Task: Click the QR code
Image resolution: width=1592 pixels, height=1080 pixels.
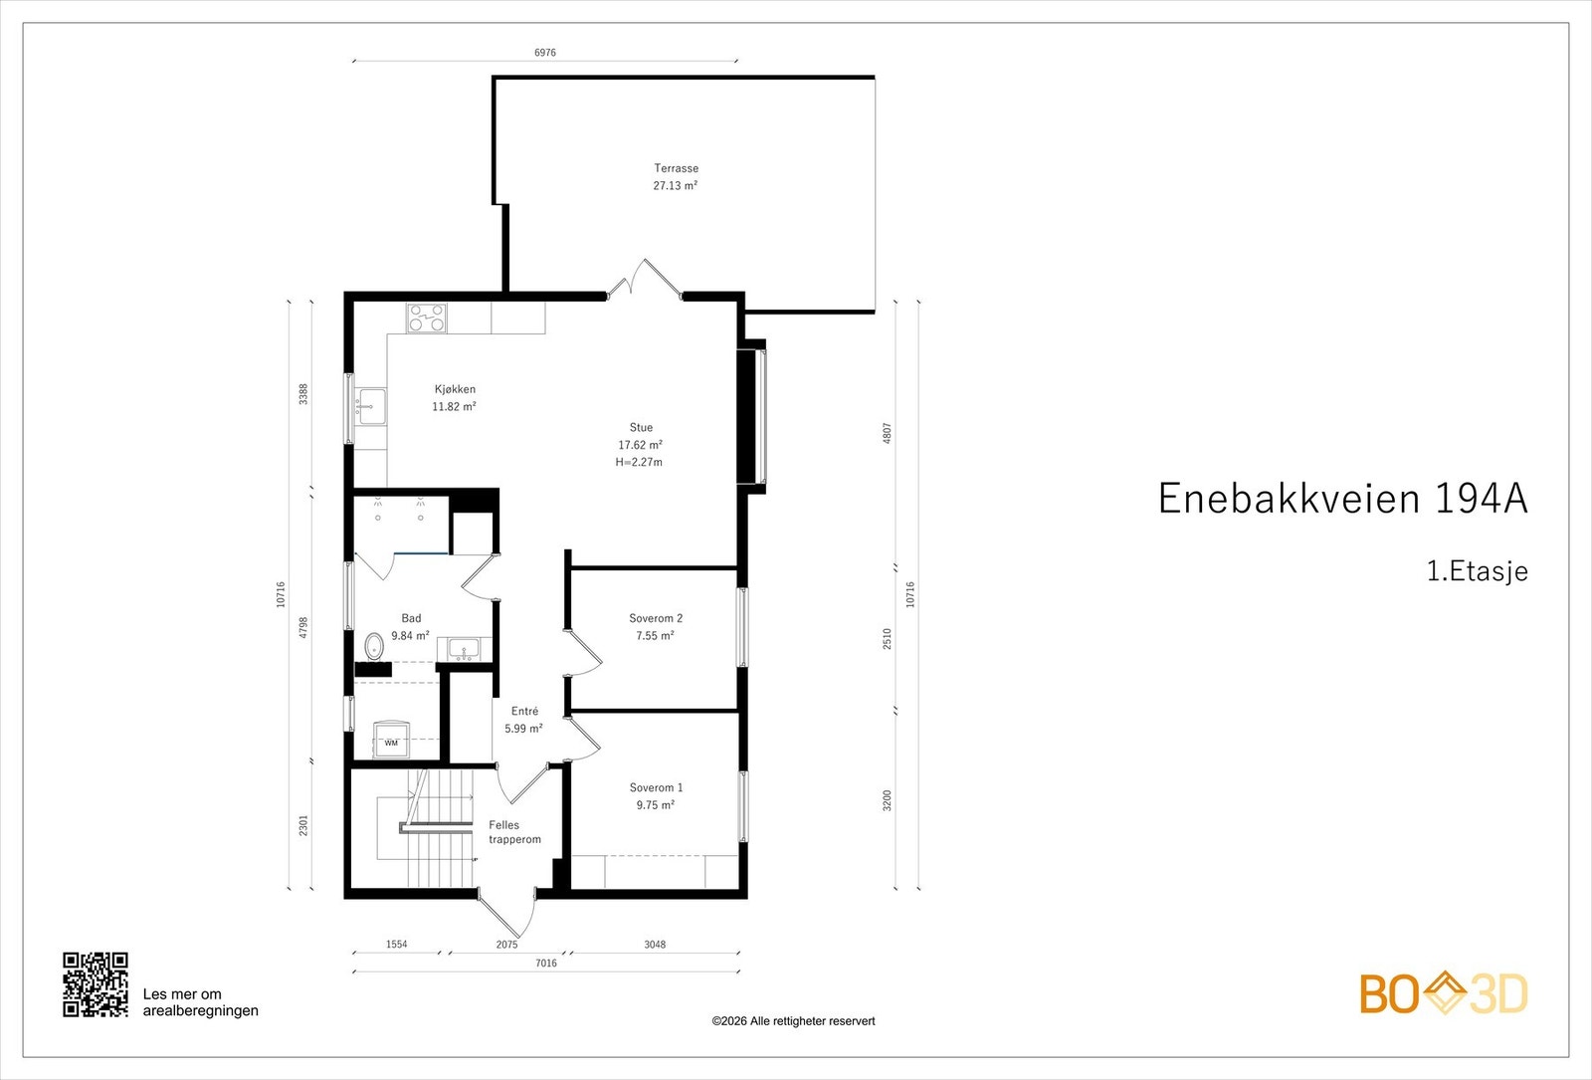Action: coord(96,984)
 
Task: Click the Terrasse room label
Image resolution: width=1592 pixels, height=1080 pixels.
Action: coord(676,168)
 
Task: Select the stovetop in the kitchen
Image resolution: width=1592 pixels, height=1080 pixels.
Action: coord(427,318)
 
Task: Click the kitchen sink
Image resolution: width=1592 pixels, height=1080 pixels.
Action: coord(371,406)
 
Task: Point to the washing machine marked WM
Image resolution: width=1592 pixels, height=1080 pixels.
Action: coord(392,741)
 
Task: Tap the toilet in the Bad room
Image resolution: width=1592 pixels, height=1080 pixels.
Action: coord(374,647)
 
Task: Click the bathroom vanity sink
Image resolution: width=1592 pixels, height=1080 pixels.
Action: coord(465,648)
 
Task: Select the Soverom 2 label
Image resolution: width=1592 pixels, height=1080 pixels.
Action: coord(656,618)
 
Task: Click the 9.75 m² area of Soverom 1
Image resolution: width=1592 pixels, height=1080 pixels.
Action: coord(656,805)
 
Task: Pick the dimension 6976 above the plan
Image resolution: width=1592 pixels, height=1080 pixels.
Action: coord(545,53)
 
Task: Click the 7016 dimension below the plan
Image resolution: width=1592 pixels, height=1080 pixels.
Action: coord(546,963)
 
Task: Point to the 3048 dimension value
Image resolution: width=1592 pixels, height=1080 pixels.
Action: coord(655,945)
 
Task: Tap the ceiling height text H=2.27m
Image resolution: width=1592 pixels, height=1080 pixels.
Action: coord(639,462)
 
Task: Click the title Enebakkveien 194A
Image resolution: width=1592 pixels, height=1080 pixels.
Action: coord(1342,499)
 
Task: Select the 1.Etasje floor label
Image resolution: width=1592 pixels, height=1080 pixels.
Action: coord(1478,571)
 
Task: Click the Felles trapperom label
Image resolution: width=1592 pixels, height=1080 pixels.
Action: coord(514,832)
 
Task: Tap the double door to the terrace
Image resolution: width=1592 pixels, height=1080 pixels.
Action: coord(645,278)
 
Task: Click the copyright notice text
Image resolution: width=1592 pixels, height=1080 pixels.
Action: coord(793,1021)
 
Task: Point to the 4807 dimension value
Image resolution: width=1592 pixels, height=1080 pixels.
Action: coord(887,433)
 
